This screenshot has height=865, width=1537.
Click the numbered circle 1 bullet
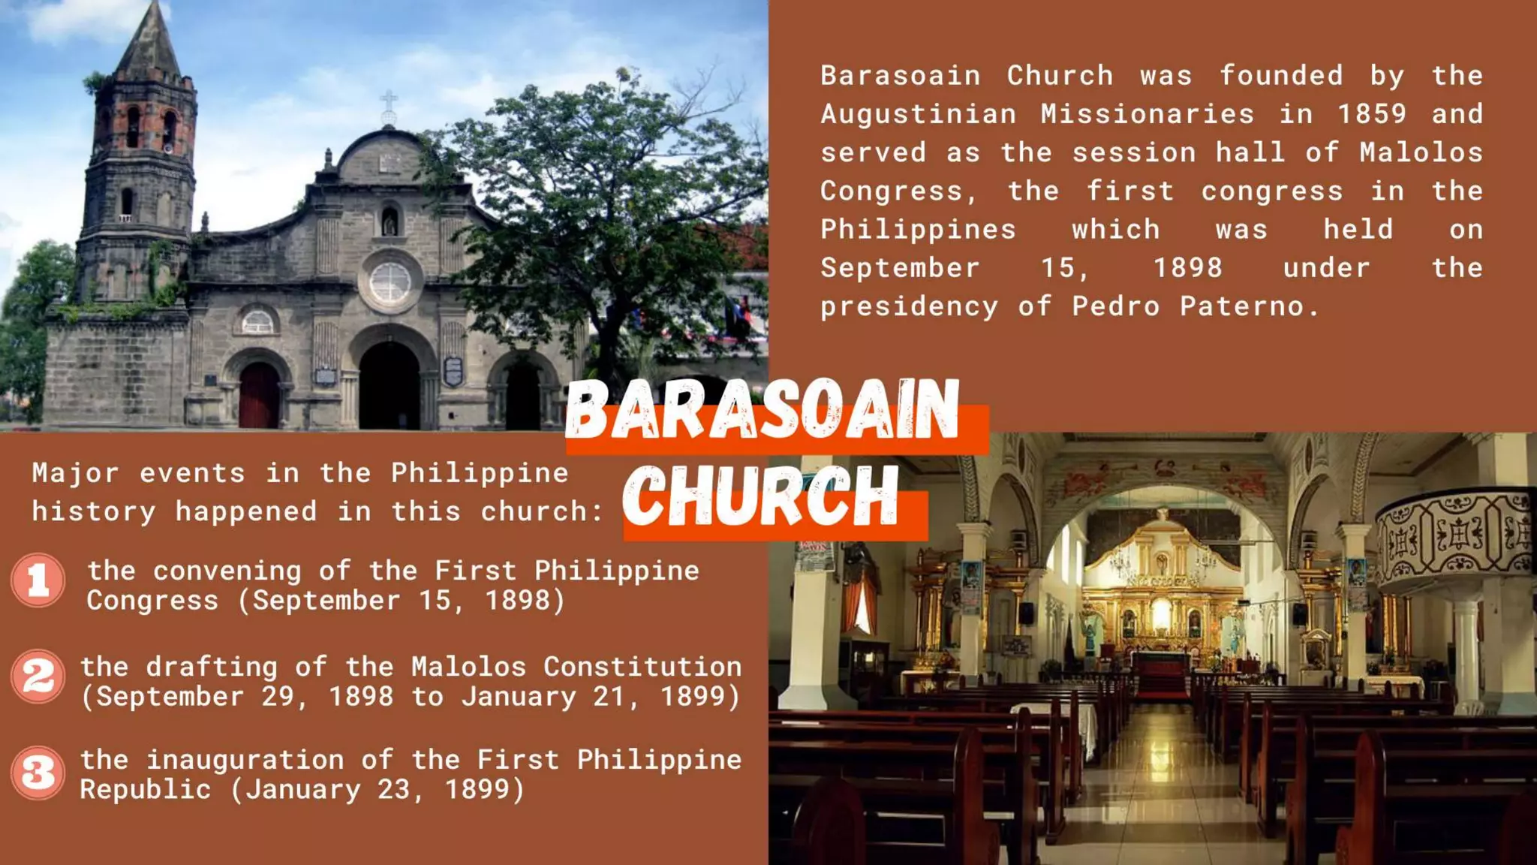[38, 580]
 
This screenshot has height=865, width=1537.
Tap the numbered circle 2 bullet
[38, 676]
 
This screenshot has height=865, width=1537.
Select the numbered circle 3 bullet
[38, 772]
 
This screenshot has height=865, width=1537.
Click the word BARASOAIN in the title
[762, 410]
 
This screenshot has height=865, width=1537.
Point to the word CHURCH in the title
[760, 496]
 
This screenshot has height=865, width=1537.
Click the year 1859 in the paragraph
[1371, 114]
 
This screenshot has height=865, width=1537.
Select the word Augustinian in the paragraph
[918, 114]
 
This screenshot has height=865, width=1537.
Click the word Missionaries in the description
[1147, 114]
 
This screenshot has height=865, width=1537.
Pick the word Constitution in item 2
[642, 667]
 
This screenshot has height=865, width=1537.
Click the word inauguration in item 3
[245, 760]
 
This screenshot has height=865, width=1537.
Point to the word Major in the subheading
[75, 473]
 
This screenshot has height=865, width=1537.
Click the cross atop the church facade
[389, 105]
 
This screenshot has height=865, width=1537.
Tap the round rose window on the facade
[390, 282]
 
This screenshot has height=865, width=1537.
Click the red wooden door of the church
[259, 396]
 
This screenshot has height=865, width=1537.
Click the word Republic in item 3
[146, 790]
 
